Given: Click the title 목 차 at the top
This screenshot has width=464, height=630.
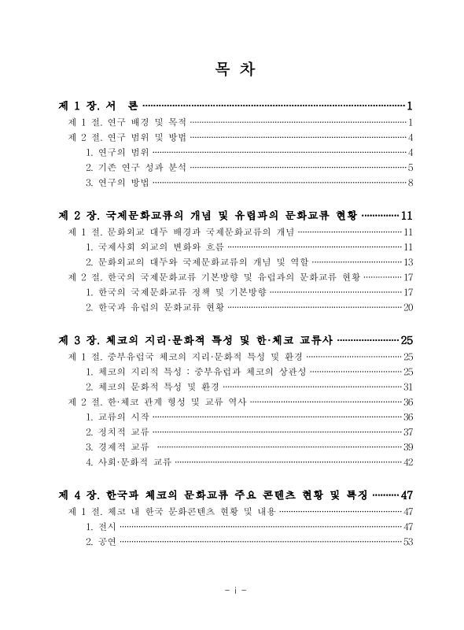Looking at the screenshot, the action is point(231,67).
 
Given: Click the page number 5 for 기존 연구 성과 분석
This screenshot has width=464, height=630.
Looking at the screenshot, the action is point(411,168).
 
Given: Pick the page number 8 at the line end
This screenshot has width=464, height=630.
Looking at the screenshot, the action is point(411,183).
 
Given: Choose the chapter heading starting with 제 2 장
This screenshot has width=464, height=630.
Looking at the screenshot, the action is point(208,215).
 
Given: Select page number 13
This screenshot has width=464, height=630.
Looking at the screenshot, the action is point(408,261).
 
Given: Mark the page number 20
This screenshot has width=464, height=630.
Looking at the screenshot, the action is point(408,306).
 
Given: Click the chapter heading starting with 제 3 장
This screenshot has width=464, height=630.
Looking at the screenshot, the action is point(196,340).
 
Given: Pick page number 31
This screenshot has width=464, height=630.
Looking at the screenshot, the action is point(408,387).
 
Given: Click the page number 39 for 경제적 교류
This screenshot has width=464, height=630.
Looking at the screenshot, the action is point(408,447).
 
